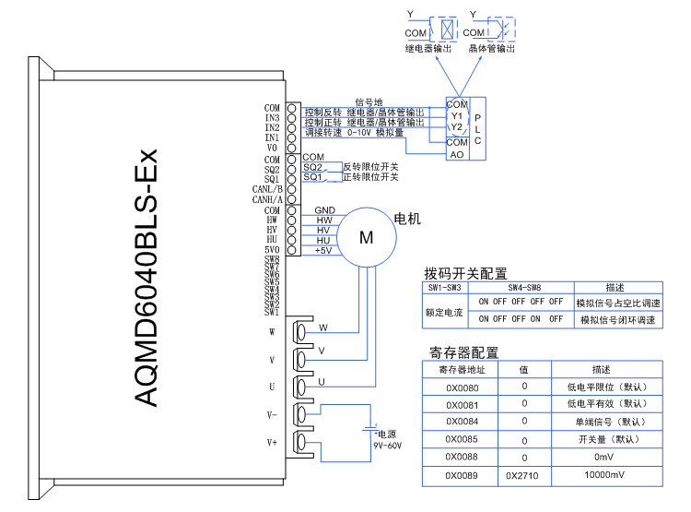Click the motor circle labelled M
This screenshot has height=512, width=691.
(366, 237)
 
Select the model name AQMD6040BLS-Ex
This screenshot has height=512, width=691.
(146, 277)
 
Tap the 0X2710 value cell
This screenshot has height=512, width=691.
(523, 477)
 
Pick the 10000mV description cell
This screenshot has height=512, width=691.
(603, 477)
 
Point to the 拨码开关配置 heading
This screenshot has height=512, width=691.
(465, 274)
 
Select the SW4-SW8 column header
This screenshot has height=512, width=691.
(521, 288)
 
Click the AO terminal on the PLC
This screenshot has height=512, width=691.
(457, 154)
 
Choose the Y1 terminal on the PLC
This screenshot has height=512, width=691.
(457, 116)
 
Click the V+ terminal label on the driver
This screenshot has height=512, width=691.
(272, 442)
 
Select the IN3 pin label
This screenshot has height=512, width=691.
(272, 118)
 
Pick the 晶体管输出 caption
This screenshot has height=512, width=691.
(491, 48)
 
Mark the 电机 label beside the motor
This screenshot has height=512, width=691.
(407, 219)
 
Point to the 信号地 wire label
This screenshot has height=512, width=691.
(369, 101)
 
